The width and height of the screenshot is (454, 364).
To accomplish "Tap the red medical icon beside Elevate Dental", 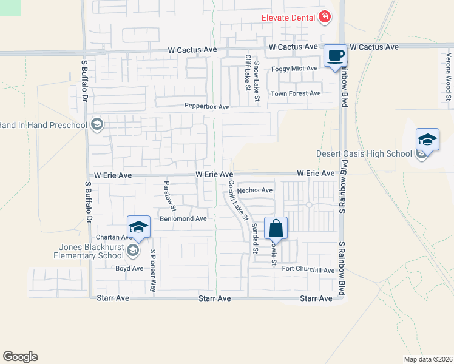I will [325, 17].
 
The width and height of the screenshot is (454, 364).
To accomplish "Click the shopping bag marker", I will [276, 229].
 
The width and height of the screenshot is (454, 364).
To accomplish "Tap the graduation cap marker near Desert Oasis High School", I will [427, 140].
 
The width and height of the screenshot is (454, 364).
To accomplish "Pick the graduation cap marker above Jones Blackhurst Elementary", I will [138, 227].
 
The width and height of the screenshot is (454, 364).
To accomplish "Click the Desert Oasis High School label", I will [364, 153].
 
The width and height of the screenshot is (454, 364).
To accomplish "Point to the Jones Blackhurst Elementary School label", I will [83, 251].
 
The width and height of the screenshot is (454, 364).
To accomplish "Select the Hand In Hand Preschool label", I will [42, 126].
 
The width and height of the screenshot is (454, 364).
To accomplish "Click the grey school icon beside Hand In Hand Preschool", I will [96, 126].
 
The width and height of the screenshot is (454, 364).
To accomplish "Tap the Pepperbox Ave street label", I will [207, 107].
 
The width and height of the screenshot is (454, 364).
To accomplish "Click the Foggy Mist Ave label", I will [294, 69].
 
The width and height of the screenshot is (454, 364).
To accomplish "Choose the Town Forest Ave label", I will [296, 93].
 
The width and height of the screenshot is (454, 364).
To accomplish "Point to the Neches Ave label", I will [254, 190].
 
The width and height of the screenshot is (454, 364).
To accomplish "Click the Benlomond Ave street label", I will [183, 218].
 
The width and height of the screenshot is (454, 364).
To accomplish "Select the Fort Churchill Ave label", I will [308, 270].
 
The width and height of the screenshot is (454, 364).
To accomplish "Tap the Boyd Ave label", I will [129, 268].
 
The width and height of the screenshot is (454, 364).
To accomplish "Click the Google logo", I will [20, 357].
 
